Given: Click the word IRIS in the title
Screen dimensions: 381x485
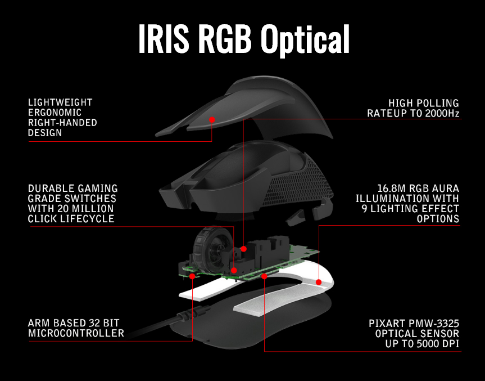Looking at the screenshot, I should [163, 39].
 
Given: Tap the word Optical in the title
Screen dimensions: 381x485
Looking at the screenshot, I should [305, 39].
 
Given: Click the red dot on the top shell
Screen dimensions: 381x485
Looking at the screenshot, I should [212, 119].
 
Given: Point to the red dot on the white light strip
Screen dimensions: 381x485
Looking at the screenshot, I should [318, 282].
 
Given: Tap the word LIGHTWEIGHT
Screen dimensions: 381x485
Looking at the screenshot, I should [60, 102].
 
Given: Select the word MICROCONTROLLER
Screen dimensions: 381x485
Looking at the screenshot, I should [76, 333].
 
